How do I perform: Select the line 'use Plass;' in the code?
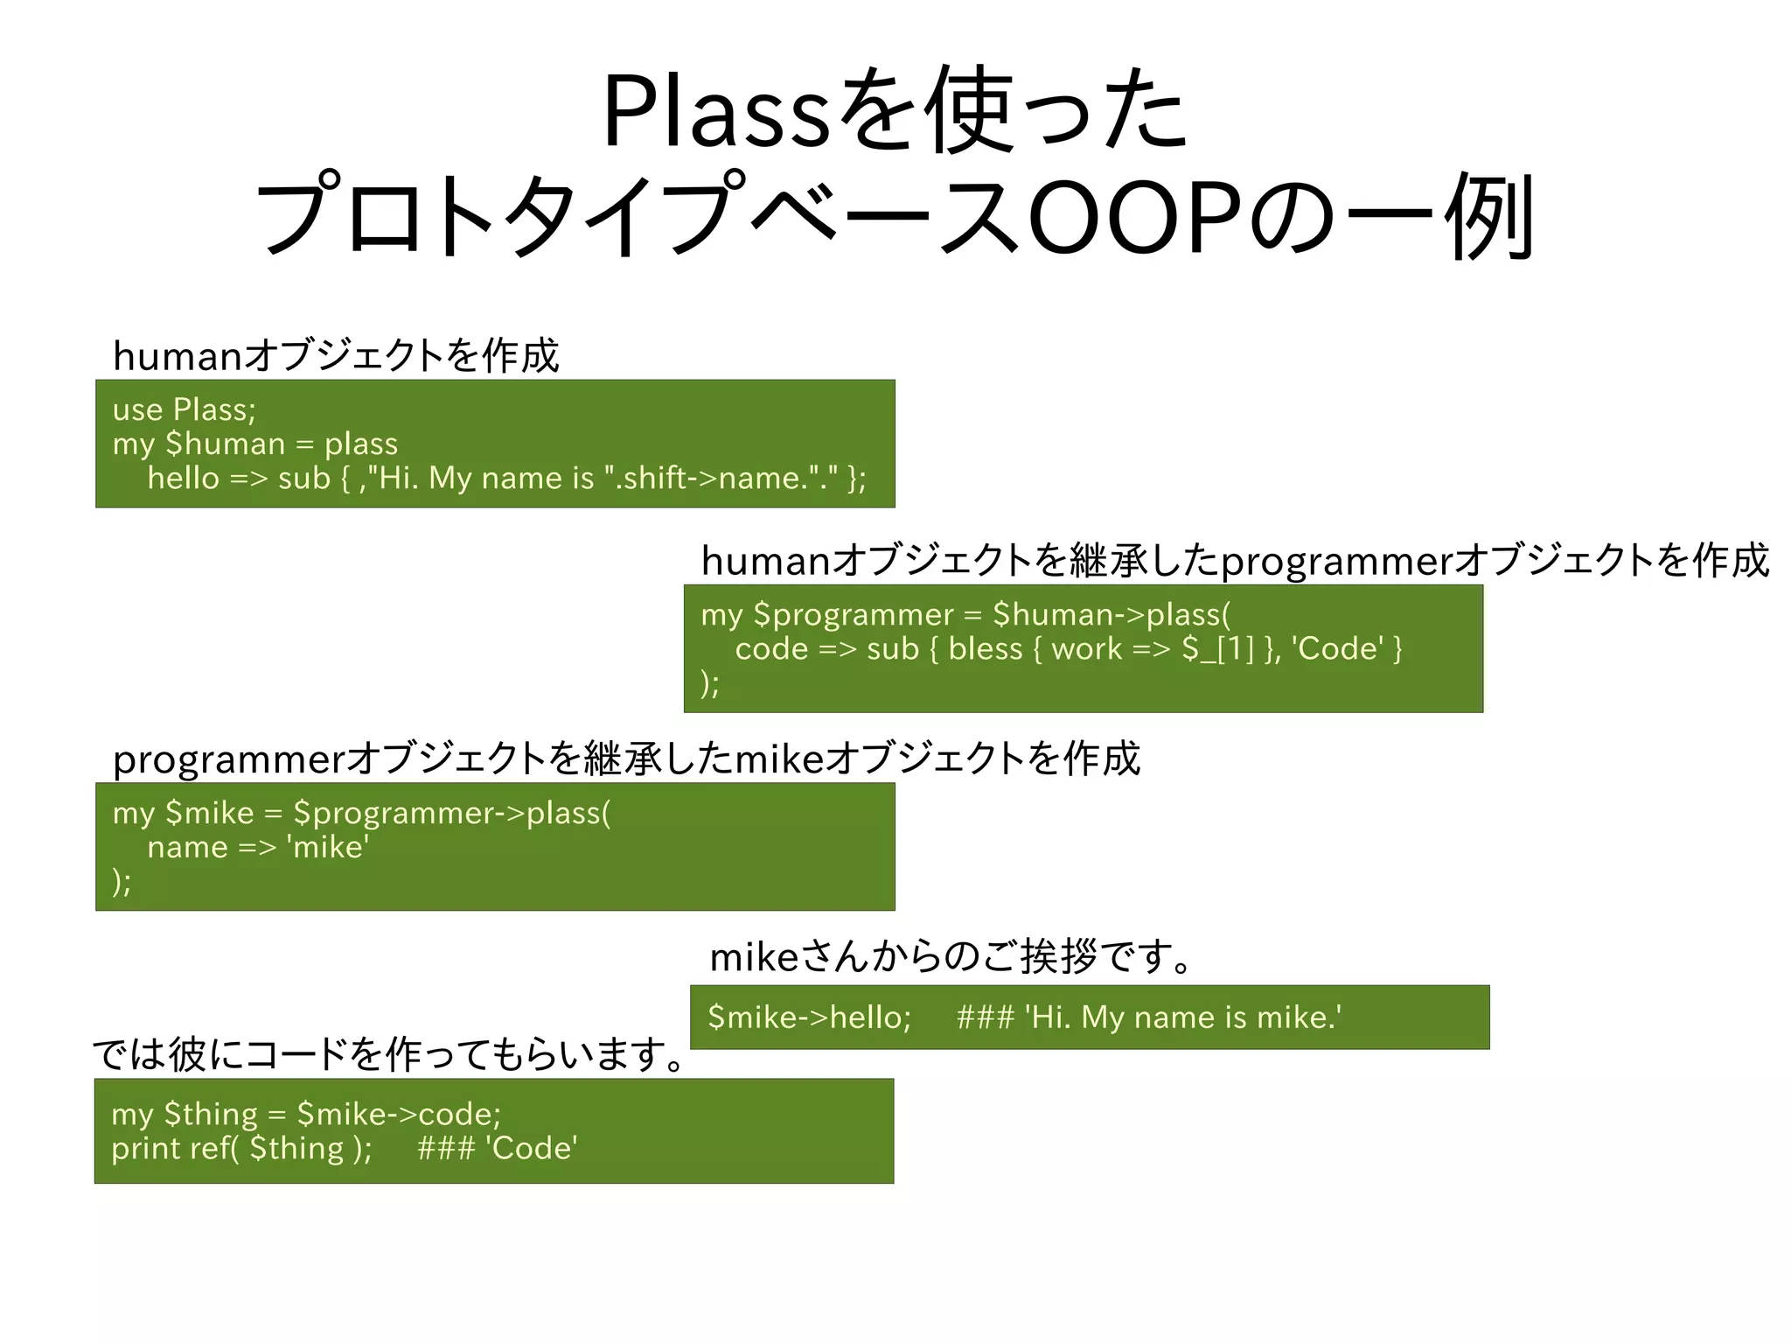pos(184,409)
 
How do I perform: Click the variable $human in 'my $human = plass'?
pos(225,444)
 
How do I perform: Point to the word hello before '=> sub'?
pos(183,479)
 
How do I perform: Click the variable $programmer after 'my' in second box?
pos(853,615)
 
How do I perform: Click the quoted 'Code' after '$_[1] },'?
pos(1338,649)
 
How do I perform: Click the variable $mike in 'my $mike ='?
pos(209,814)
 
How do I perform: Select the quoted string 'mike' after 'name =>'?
pos(328,848)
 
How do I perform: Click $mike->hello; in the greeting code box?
pos(809,1018)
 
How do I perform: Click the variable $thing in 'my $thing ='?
pos(211,1115)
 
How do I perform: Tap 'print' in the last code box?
pos(141,1149)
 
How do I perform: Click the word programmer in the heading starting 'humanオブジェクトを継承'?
pos(1336,561)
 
